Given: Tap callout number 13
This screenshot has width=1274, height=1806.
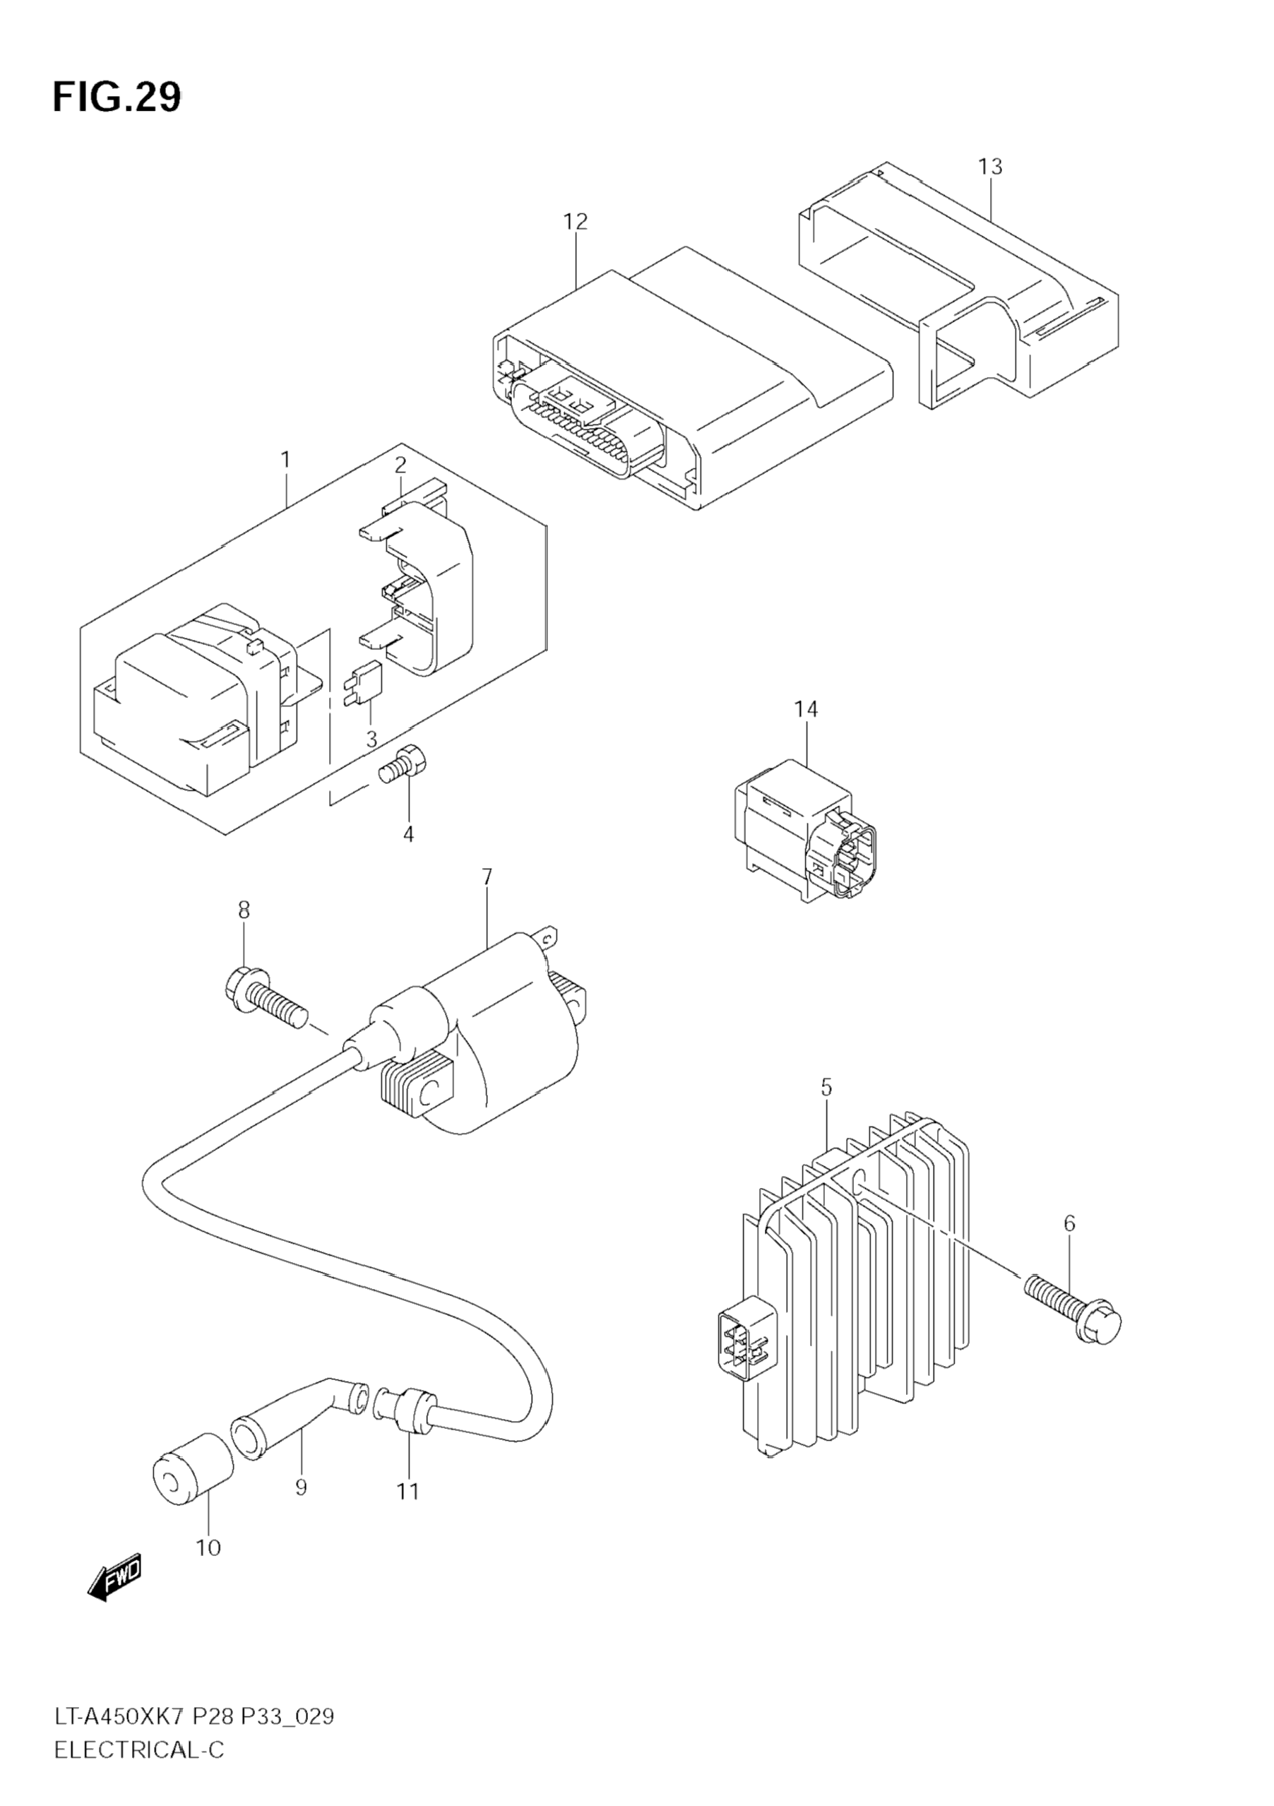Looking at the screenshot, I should [990, 167].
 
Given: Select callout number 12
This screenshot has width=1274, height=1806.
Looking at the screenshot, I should [575, 222].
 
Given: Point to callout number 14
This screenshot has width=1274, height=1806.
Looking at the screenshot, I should [805, 710].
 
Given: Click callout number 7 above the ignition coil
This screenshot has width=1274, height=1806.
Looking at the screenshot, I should [487, 877].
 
